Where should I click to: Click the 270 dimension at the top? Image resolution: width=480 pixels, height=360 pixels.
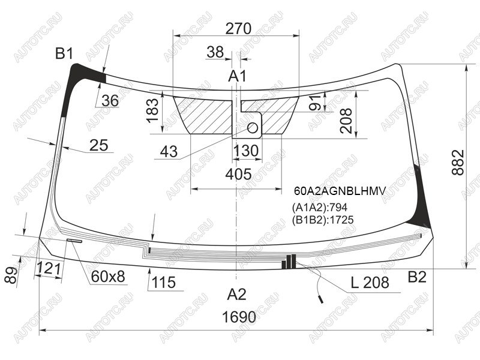coord(238,28)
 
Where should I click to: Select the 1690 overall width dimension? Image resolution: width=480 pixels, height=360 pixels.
coord(239,317)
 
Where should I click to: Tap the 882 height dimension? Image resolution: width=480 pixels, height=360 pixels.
coord(458,162)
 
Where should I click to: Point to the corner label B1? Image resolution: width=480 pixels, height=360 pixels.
coord(64,53)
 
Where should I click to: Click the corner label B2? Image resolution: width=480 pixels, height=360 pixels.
coord(417,277)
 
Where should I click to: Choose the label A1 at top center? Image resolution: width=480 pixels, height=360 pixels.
coord(237,76)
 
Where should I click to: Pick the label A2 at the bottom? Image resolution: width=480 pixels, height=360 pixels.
coord(236,294)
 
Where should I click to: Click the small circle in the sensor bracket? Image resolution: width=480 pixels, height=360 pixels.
coord(253,128)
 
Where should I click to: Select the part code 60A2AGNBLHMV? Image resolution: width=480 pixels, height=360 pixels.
coord(340,191)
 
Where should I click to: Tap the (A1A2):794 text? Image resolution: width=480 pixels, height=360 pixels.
coord(320,207)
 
